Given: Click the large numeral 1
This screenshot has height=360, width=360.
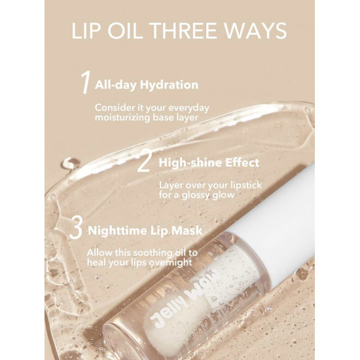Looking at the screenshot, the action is click(85, 82).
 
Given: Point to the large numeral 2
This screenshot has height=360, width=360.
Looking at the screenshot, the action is click(143, 162).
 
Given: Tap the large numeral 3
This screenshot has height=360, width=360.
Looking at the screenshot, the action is click(76, 228).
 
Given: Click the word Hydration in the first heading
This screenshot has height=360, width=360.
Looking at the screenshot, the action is click(169, 85).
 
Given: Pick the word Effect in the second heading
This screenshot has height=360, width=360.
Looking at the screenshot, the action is click(242, 163).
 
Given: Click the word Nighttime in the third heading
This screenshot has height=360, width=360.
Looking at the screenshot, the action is click(118, 231).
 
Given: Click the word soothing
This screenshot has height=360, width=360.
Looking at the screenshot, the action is click(153, 253).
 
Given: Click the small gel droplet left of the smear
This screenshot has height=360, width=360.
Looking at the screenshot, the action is click(69, 164).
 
